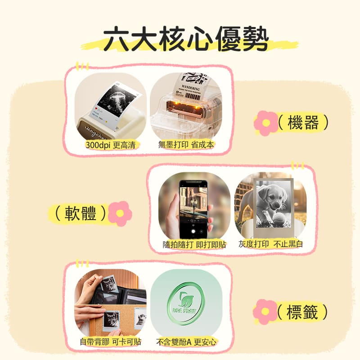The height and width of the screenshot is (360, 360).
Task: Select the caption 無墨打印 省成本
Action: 186,144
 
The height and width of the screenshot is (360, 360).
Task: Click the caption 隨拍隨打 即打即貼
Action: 194,244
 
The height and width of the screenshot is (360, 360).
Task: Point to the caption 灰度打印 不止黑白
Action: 270,244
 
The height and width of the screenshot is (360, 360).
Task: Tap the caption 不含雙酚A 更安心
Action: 186,342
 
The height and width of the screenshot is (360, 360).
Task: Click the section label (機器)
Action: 302,123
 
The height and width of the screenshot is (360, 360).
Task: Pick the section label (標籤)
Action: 302,311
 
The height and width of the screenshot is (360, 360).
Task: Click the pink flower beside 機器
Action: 265,123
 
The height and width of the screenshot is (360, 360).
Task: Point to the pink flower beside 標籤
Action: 265,311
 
